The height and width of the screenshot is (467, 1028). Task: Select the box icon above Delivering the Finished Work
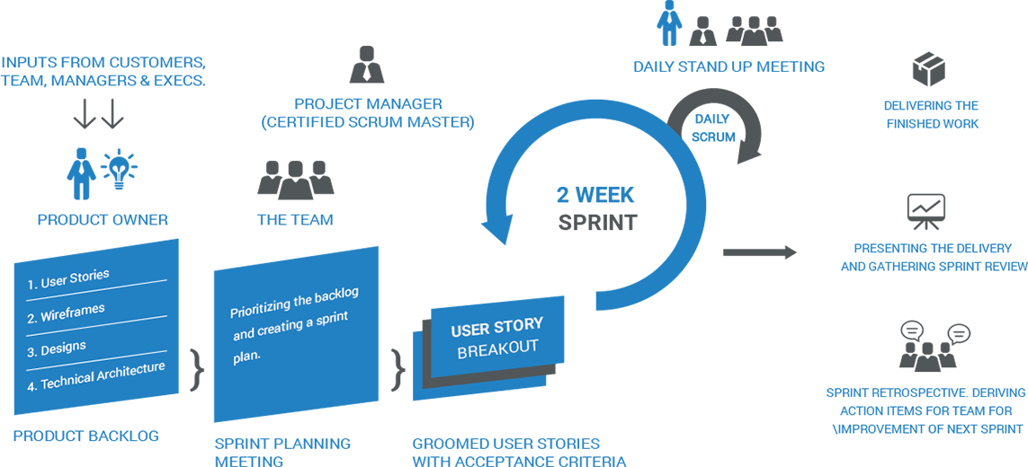(930, 69)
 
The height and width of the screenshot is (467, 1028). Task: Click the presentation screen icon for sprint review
(926, 213)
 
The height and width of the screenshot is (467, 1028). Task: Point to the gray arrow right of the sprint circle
(759, 253)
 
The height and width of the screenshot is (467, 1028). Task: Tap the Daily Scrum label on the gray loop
(713, 128)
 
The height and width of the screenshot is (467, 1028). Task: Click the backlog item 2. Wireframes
(72, 313)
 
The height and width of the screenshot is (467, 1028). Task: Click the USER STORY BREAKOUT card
(497, 336)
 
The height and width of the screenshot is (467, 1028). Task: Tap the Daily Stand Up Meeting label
(729, 66)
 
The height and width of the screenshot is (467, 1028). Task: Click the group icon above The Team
(295, 180)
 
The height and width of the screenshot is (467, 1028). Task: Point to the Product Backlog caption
(85, 436)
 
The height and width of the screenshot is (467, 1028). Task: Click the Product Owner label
(103, 220)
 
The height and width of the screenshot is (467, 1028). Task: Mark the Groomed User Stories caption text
(519, 452)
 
